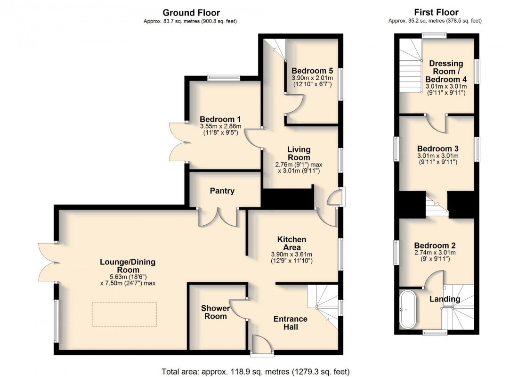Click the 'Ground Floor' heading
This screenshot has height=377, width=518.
[191, 13]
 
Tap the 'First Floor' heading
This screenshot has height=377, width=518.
[436, 13]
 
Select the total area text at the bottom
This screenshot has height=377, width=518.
[258, 371]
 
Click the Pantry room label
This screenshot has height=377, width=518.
[222, 191]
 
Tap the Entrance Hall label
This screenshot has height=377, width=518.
[290, 323]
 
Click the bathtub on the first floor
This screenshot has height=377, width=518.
[406, 310]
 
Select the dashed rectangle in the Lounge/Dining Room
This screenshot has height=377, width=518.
[124, 314]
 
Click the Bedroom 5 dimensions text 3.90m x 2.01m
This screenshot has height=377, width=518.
[312, 78]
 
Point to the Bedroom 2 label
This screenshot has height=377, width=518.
[435, 246]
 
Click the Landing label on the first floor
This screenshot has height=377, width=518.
[444, 299]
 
